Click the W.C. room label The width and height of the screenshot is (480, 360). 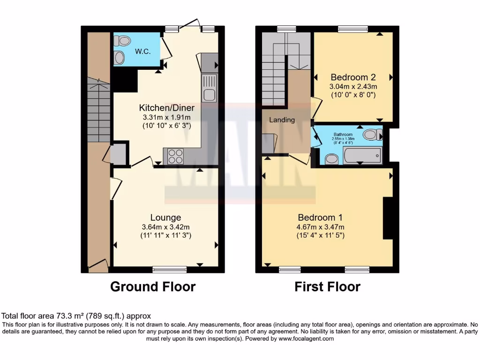coord(142,51)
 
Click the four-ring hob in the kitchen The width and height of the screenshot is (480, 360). coord(175,156)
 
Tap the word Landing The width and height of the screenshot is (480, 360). coord(282,120)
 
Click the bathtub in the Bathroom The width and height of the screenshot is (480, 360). coord(362,156)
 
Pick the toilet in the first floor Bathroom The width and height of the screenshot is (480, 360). coord(372,135)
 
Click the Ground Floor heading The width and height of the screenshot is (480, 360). coord(153,286)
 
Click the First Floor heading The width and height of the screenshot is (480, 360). coord(327,286)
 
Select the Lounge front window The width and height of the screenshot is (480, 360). coord(169,269)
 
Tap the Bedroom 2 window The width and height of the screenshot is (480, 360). coord(353,29)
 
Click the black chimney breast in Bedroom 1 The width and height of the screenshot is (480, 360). coord(388,218)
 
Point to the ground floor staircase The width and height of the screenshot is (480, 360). coord(98,112)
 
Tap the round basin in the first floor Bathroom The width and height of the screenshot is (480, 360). coord(332,160)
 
